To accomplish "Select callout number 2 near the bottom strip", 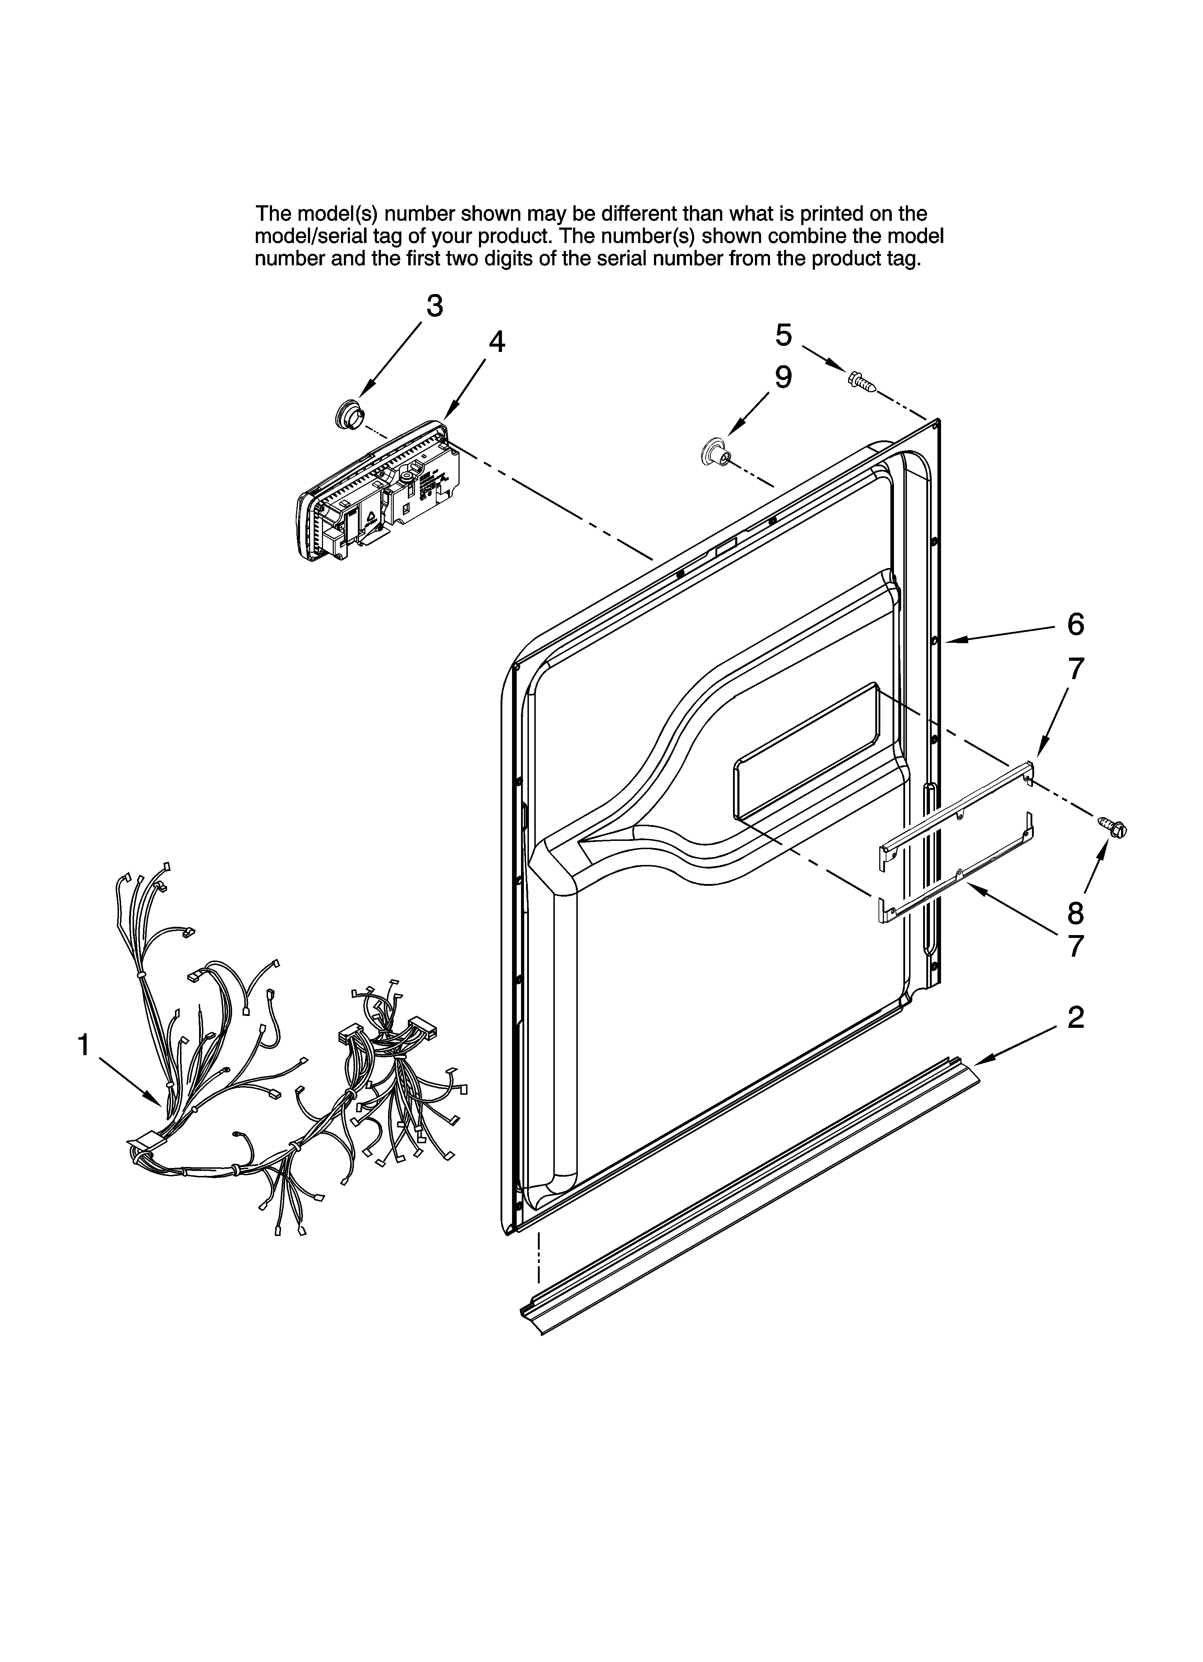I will (x=1075, y=1017).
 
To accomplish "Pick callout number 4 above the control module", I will (x=497, y=342).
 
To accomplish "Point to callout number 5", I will (x=783, y=335).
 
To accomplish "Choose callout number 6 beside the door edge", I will (x=1075, y=624).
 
